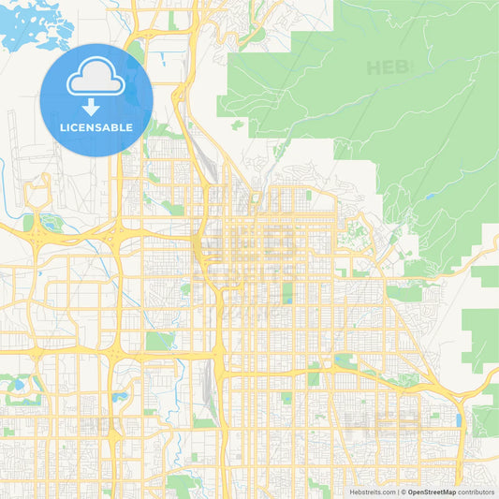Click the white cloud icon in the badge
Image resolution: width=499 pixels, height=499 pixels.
[95, 81]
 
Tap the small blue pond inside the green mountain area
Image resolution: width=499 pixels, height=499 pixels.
[428, 198]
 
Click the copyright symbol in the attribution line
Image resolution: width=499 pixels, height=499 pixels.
[403, 492]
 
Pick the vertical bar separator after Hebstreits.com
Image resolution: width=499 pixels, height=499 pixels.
[397, 492]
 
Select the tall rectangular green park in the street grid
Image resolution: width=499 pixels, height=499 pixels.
[287, 292]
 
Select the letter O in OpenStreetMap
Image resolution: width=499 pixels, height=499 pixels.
[411, 492]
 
